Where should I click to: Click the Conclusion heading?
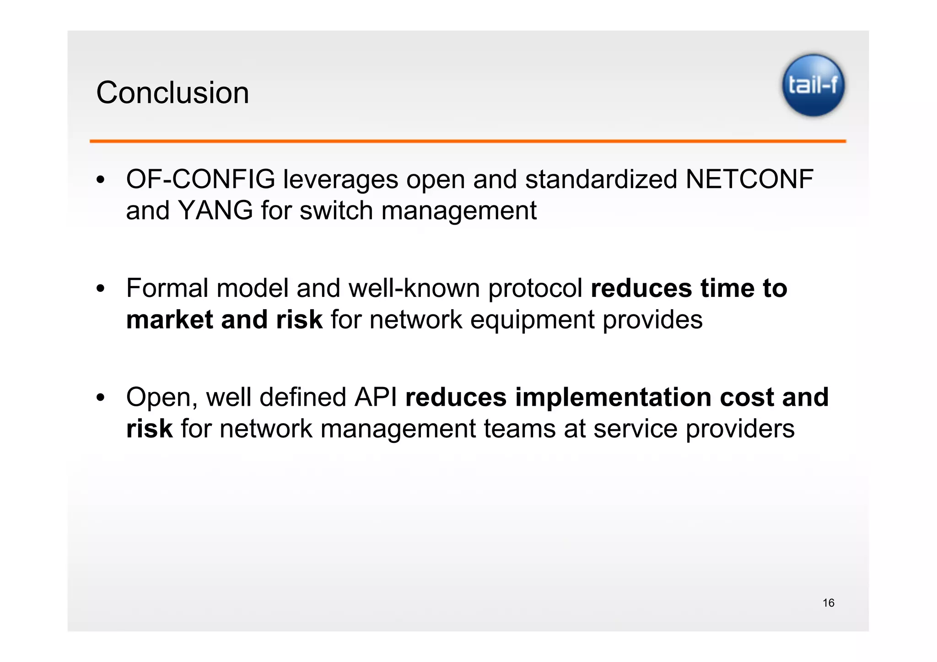pos(172,93)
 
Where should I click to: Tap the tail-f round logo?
pos(813,86)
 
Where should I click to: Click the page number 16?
pos(828,603)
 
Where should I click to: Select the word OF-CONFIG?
pos(200,179)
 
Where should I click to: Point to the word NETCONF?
pos(749,179)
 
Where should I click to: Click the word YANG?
pos(215,210)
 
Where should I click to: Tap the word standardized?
pos(601,179)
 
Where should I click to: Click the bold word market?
pos(169,319)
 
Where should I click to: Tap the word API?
pos(375,397)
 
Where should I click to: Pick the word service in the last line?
pos(635,429)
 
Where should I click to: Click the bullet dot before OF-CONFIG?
pos(101,180)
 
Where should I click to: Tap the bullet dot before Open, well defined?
pos(101,398)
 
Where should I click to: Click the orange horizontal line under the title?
pos(468,141)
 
